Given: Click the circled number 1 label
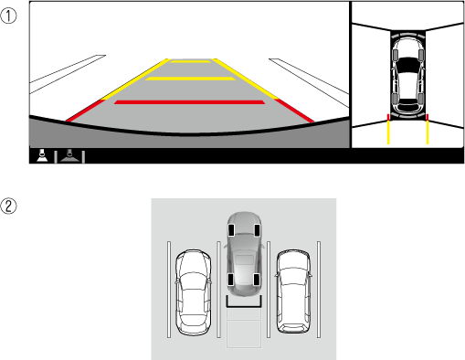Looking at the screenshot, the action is [8, 16].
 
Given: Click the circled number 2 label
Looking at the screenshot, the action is [8, 206].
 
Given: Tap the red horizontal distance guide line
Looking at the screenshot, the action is [189, 102].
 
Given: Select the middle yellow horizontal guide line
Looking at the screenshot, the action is [190, 79].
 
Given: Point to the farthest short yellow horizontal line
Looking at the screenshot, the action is [190, 61].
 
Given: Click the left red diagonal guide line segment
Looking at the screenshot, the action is [85, 111].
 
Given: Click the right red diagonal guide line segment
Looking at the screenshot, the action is [294, 111].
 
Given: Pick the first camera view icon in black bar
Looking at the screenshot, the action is [42, 155].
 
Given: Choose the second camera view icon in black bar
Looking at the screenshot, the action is [69, 156].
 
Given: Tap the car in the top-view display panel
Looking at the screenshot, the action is [407, 76].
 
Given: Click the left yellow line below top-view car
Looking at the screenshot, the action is [388, 132].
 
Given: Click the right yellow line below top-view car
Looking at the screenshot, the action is [428, 132].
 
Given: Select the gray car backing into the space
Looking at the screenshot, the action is [244, 254].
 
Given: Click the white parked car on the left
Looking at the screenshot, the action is [193, 292].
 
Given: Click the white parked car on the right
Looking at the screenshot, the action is [293, 291].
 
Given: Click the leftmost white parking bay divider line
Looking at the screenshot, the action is [169, 290].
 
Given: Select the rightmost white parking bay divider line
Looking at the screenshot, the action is [319, 290].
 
